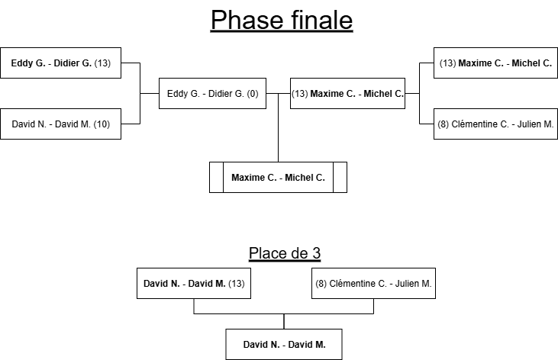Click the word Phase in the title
point(244,21)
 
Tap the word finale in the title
point(316,21)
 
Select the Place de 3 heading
point(284,253)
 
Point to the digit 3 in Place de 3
point(315,253)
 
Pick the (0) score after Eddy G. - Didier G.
point(252,95)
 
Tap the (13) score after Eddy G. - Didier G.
point(102,63)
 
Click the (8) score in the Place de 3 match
point(321,284)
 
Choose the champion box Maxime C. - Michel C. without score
point(278,178)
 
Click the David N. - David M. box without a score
point(284,345)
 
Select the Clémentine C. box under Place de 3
point(373,284)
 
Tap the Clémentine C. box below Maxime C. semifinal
point(495,124)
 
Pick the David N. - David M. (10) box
point(61,124)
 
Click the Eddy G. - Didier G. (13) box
point(61,63)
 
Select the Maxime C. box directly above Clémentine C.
point(495,63)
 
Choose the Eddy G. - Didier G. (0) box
point(212,95)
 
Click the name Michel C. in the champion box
point(305,178)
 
